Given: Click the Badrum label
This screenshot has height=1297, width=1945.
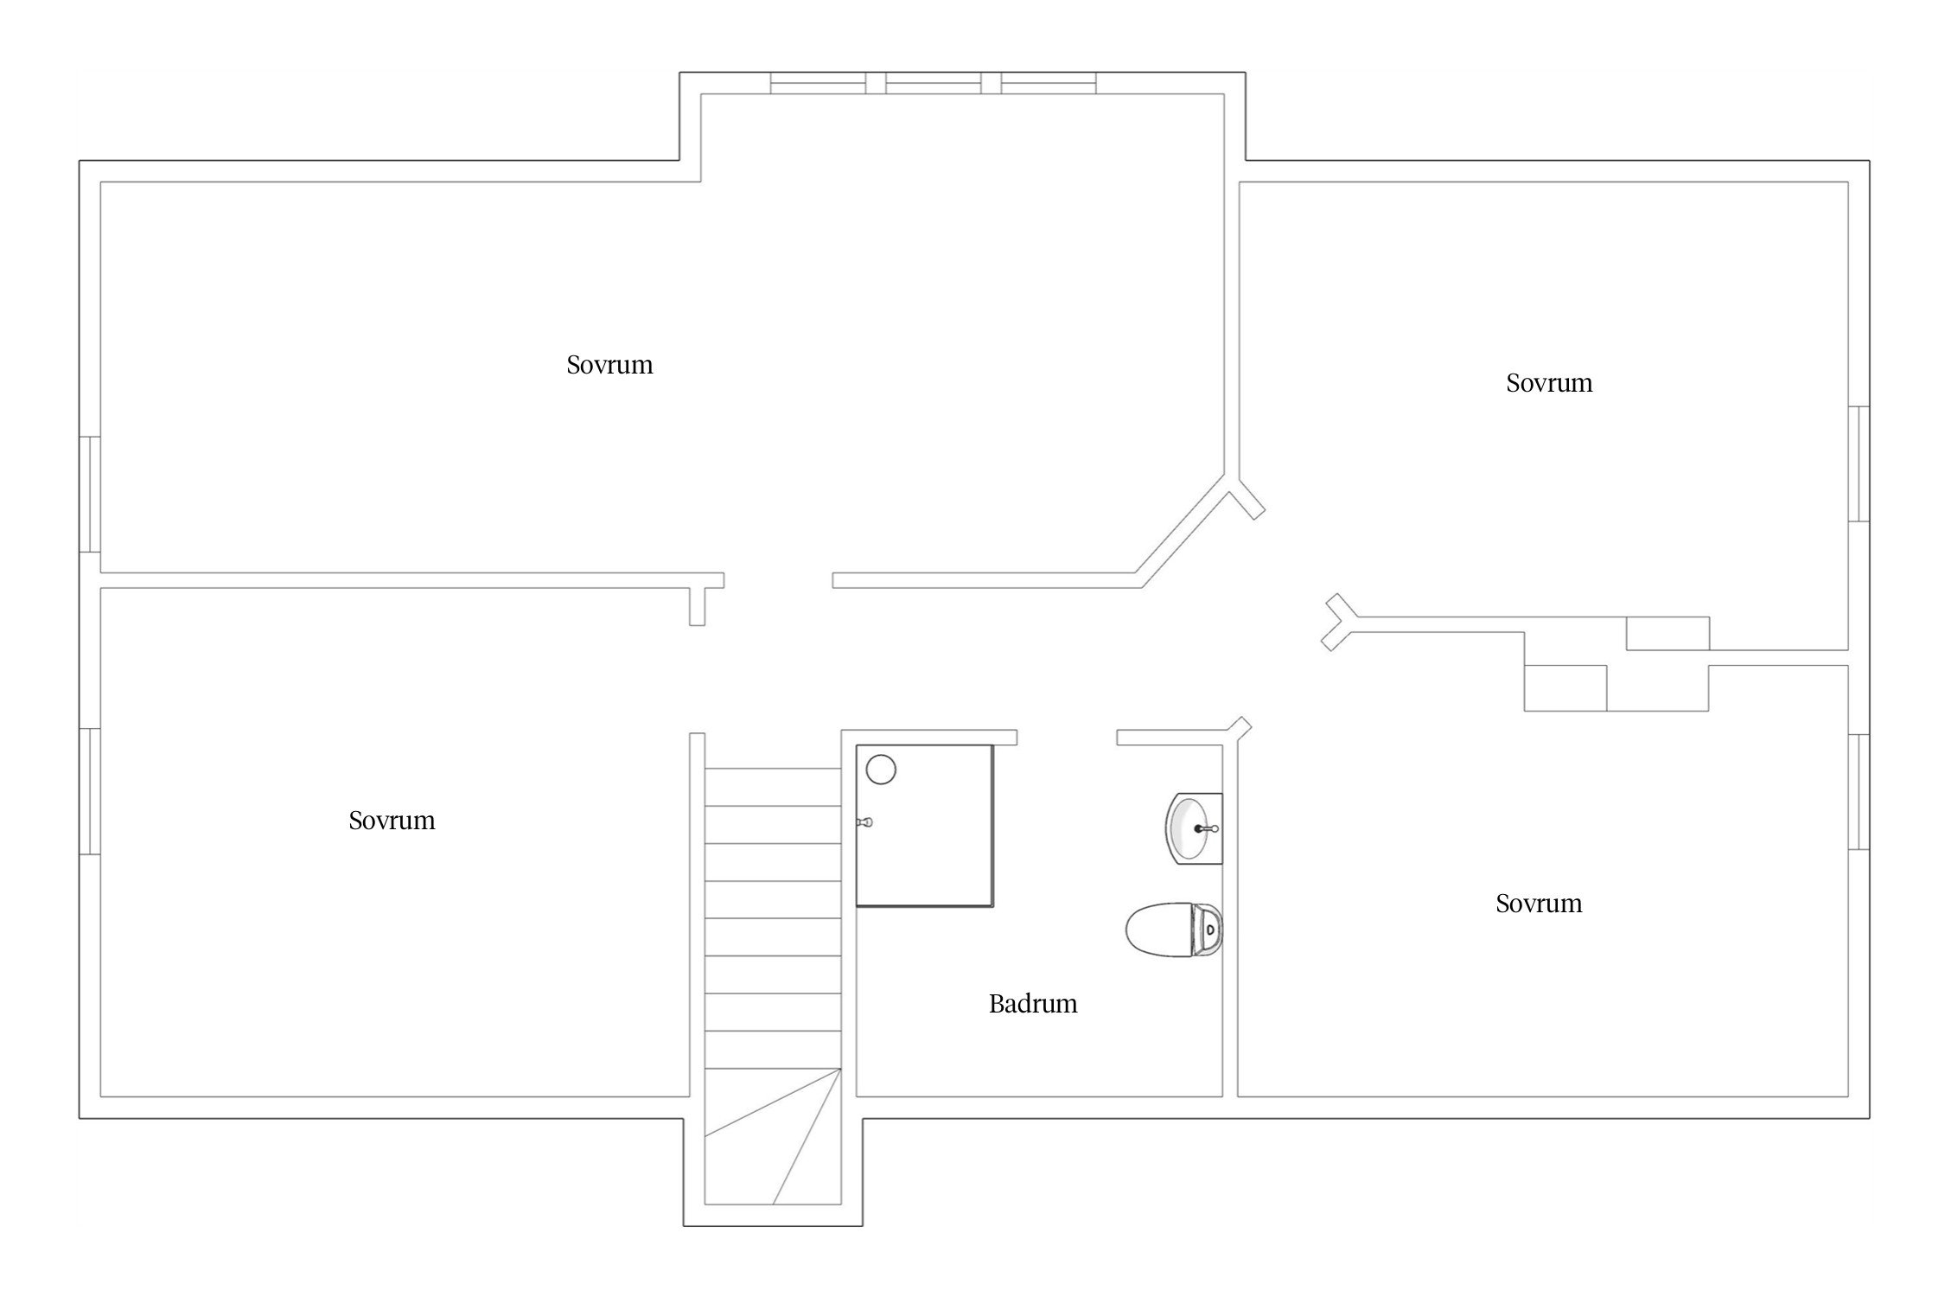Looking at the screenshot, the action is (1033, 1004).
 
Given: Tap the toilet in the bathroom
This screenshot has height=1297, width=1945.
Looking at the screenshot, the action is (1174, 930).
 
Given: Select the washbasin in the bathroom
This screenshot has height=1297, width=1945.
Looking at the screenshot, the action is (1194, 828).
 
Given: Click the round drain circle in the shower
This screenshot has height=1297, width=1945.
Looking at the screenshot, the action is (881, 769).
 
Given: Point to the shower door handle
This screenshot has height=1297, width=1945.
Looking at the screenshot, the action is (864, 822).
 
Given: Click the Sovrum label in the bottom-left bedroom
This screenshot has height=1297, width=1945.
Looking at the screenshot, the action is (392, 821).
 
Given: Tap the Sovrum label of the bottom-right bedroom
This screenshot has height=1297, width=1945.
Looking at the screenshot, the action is (1539, 904).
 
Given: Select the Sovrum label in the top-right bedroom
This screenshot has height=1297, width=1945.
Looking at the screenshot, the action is (1549, 383).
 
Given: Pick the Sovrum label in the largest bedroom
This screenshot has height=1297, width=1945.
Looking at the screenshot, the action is (609, 365).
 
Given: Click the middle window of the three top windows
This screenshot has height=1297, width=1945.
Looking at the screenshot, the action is (934, 84).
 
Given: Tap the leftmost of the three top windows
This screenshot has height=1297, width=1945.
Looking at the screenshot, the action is (818, 84).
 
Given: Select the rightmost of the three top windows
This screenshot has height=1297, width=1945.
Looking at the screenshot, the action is (1049, 84).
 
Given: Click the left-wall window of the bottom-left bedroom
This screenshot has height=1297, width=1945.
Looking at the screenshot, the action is (90, 791).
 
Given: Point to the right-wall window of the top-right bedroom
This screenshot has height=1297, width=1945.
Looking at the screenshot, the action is (1859, 463).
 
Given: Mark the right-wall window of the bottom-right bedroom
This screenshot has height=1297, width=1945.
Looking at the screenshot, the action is (1859, 791).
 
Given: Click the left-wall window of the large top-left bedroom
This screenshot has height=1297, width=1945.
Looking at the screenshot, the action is (90, 494).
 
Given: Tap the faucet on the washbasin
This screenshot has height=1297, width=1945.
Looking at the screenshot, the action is (1207, 828).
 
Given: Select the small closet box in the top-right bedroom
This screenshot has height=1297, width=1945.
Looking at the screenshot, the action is (1668, 633).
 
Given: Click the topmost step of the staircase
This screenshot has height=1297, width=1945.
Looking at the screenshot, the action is (773, 787).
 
